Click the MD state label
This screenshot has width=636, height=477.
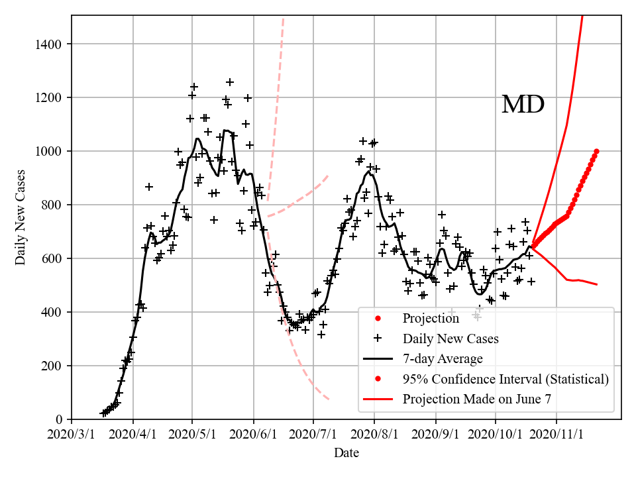point(523,105)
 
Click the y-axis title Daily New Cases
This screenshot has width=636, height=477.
point(21,217)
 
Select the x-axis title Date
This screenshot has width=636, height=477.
point(346,453)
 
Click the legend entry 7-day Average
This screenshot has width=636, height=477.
point(442,359)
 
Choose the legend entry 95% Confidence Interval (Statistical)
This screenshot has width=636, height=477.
point(505,379)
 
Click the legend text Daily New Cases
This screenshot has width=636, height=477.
point(450,339)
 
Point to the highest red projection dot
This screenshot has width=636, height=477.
point(596,151)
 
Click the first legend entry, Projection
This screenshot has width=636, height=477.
point(431,319)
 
